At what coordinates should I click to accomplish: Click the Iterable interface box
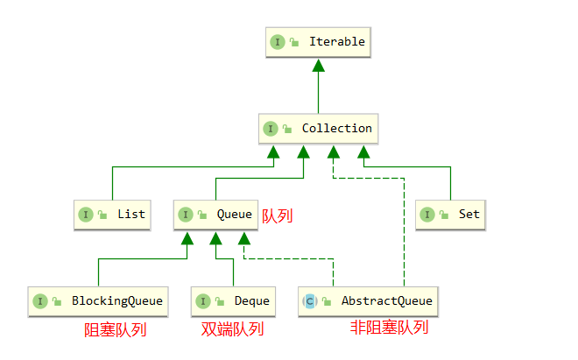pyautogui.click(x=318, y=42)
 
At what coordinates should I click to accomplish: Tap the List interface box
pyautogui.click(x=112, y=215)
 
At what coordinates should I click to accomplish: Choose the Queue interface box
pyautogui.click(x=215, y=215)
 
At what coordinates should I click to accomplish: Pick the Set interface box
pyautogui.click(x=450, y=215)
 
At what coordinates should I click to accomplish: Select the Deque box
pyautogui.click(x=233, y=300)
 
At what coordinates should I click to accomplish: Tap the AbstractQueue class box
pyautogui.click(x=367, y=300)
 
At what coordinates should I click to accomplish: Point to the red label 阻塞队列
pyautogui.click(x=115, y=330)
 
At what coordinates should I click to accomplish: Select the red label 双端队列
pyautogui.click(x=232, y=330)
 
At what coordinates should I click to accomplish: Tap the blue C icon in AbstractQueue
pyautogui.click(x=309, y=301)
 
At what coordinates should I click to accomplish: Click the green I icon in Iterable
pyautogui.click(x=278, y=42)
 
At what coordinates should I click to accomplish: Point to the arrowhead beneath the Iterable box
pyautogui.click(x=318, y=66)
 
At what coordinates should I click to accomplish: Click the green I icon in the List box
pyautogui.click(x=86, y=215)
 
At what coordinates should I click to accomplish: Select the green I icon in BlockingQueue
pyautogui.click(x=39, y=301)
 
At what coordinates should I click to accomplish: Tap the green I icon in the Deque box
pyautogui.click(x=203, y=301)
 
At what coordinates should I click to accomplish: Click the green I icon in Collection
pyautogui.click(x=271, y=129)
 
